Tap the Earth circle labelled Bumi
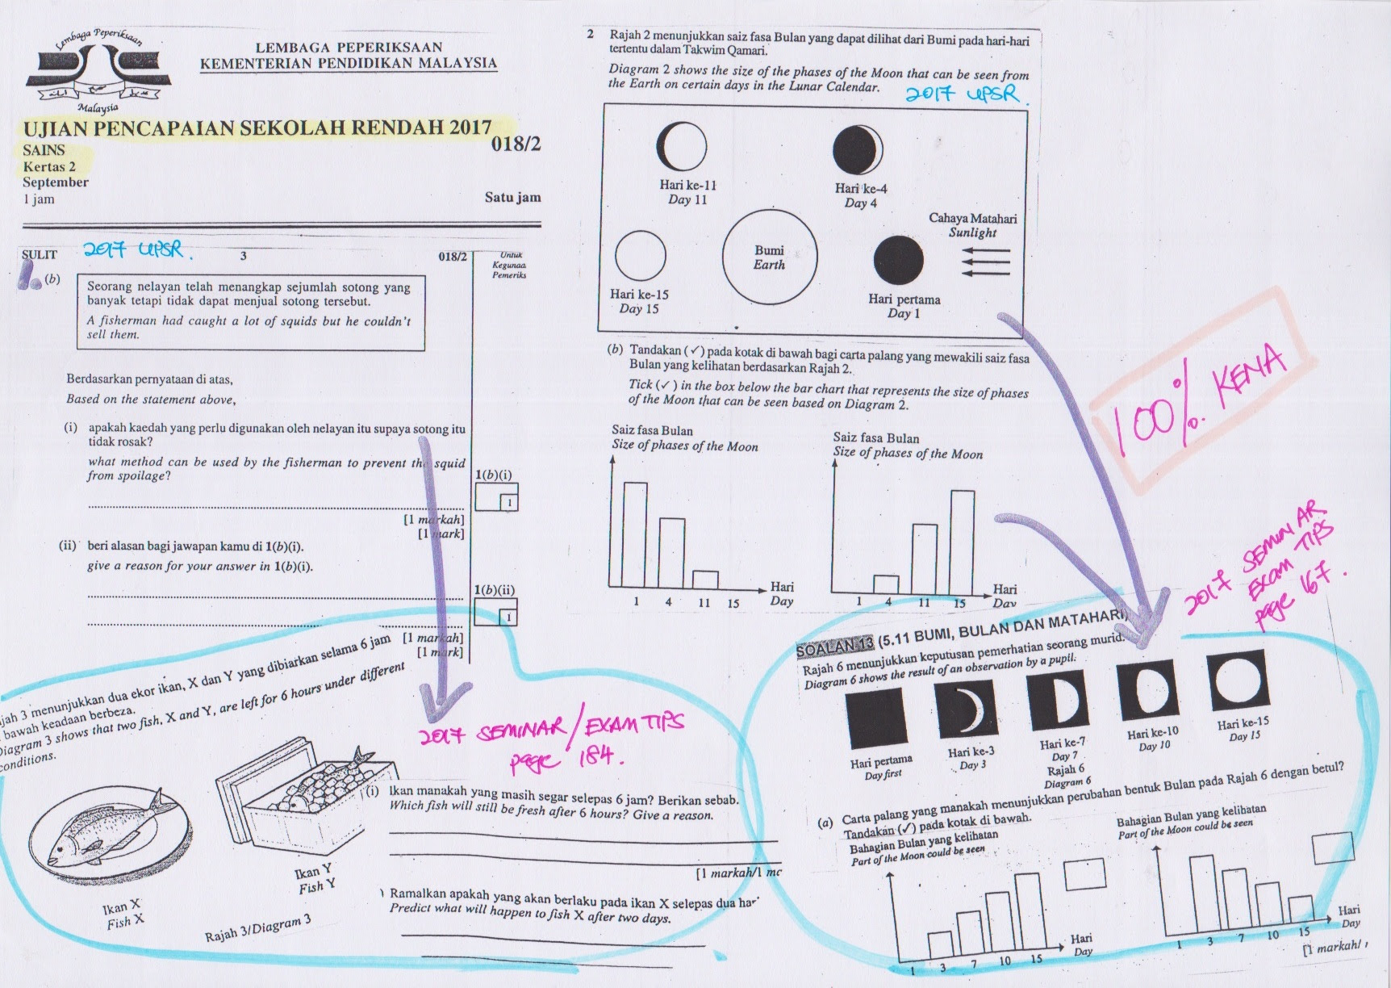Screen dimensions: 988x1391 click(769, 257)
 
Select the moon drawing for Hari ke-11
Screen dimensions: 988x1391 click(687, 146)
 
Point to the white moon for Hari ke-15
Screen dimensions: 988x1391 click(640, 256)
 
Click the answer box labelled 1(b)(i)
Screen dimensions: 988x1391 click(496, 496)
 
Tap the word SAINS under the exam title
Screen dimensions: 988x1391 click(44, 150)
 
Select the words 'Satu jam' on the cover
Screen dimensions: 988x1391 click(512, 198)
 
